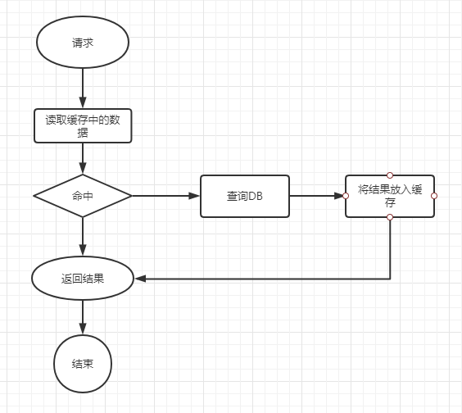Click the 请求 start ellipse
[x=83, y=42]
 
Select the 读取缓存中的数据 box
[x=83, y=126]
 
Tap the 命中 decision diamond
[x=83, y=196]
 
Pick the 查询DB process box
[x=245, y=196]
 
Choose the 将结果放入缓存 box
[x=390, y=196]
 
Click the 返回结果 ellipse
[x=83, y=279]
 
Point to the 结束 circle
[x=83, y=364]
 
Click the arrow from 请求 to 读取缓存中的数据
[x=83, y=88]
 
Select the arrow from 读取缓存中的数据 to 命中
[x=83, y=158]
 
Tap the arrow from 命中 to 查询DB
[x=166, y=196]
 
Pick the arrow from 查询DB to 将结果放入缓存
[x=317, y=196]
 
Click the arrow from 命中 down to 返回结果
[x=83, y=237]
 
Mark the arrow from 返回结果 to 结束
[x=83, y=317]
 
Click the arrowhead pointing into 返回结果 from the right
[x=140, y=279]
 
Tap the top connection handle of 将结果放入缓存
[x=390, y=175]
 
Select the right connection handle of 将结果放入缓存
[x=434, y=196]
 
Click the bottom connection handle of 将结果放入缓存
[x=390, y=217]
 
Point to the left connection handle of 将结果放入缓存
[x=346, y=196]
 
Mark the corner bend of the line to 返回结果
[x=390, y=279]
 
